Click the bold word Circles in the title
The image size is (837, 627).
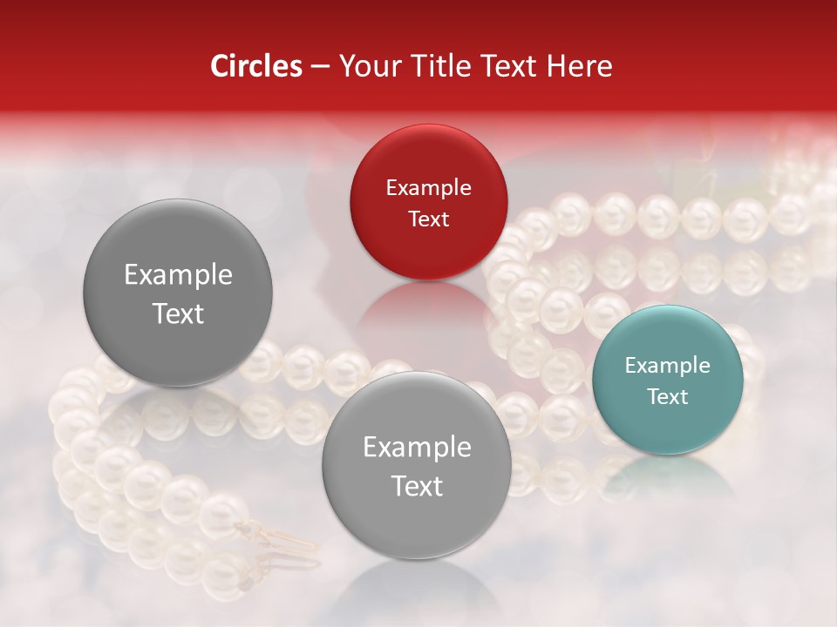(x=255, y=66)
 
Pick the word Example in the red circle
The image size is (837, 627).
(x=428, y=188)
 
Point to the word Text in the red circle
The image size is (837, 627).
(x=428, y=219)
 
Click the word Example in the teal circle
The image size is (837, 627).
(x=667, y=366)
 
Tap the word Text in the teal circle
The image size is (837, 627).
(x=667, y=396)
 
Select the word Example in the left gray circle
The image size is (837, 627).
(x=178, y=275)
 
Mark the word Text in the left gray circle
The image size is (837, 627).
(x=178, y=313)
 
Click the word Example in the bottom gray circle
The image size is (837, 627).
(x=417, y=448)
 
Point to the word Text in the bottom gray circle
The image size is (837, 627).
(x=417, y=486)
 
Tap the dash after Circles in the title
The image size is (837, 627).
(x=319, y=66)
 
